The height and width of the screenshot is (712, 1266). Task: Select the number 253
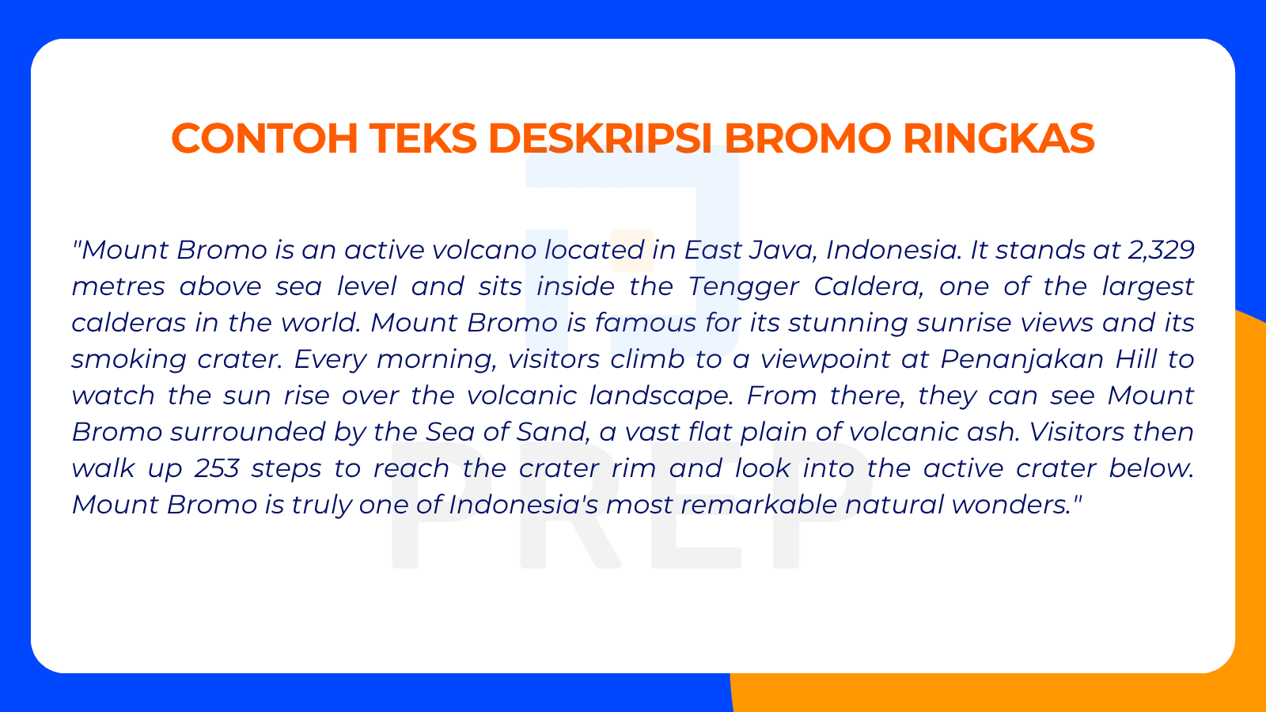point(217,468)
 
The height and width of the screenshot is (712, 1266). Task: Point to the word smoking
point(128,359)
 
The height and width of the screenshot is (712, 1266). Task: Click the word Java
point(779,250)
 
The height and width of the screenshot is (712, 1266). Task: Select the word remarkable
point(760,505)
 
